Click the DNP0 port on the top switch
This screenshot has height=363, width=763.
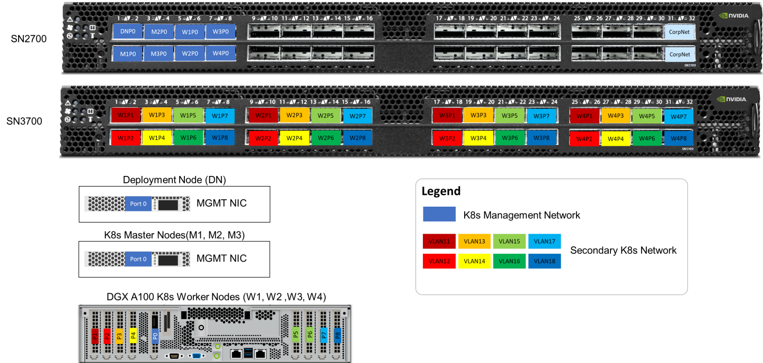click(128, 32)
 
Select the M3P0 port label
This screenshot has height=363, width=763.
click(159, 54)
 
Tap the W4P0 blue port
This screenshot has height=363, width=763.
click(220, 54)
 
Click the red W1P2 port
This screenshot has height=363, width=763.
click(126, 138)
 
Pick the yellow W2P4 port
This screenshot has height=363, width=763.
click(295, 138)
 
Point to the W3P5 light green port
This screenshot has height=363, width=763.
click(509, 116)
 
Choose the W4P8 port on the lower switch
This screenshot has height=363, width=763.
click(679, 138)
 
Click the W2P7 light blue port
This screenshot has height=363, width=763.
click(358, 116)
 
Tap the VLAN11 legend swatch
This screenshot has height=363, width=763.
click(439, 242)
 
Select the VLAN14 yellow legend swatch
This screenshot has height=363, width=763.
click(474, 261)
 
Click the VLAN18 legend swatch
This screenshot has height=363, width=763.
click(544, 261)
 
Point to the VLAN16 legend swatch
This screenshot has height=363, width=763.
click(509, 261)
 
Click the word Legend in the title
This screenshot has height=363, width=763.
click(441, 191)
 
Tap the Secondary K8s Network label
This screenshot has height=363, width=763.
click(623, 251)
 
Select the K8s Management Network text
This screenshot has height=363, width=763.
click(521, 215)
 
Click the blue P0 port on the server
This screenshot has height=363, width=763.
click(155, 335)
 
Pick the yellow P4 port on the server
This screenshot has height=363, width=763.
click(133, 335)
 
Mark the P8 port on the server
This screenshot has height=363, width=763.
click(338, 335)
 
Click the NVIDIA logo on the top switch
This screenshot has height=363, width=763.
click(734, 16)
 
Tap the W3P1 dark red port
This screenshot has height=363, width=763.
click(447, 116)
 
